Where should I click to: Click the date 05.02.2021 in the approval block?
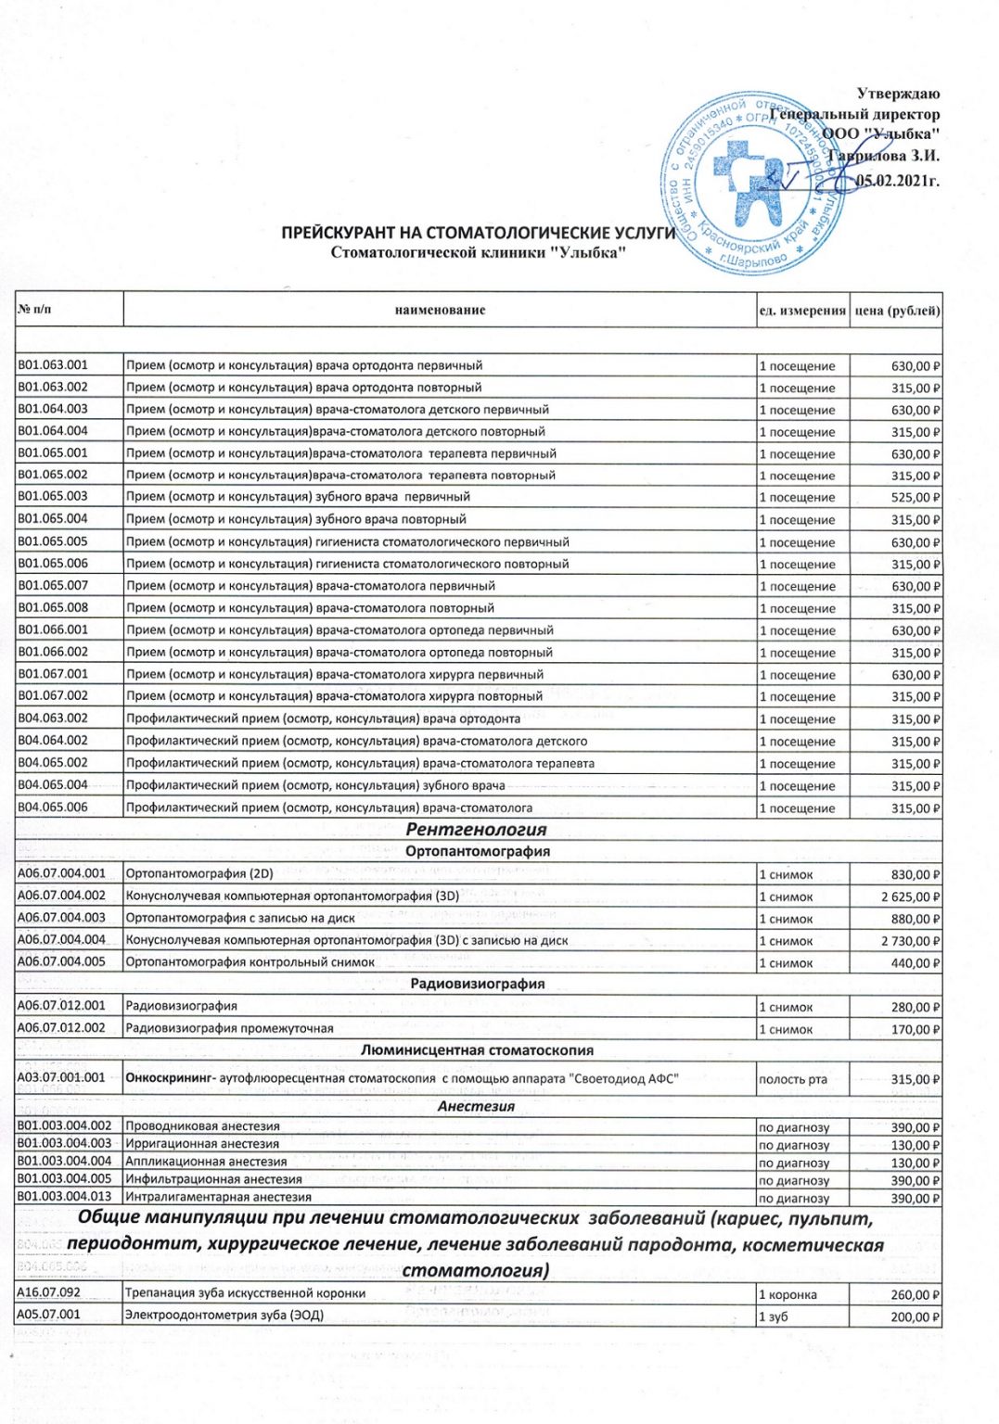(x=896, y=181)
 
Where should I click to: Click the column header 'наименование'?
(x=440, y=311)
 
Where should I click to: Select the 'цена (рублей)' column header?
(x=896, y=311)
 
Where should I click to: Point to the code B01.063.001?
(x=53, y=365)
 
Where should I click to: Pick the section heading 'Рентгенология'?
(x=476, y=830)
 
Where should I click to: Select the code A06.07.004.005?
(x=61, y=962)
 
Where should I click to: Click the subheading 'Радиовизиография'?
(x=477, y=984)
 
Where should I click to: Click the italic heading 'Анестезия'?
(x=476, y=1106)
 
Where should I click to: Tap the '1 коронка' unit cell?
(x=788, y=1294)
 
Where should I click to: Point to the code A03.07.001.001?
(x=61, y=1078)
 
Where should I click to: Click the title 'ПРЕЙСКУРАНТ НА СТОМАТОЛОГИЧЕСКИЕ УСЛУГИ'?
(x=479, y=233)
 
